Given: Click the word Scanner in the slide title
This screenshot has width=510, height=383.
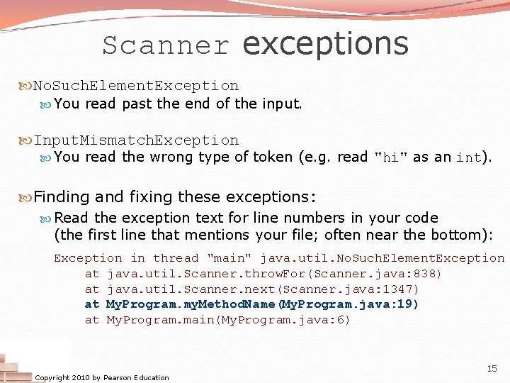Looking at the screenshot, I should coord(166,45).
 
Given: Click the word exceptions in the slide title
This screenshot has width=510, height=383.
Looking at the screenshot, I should coord(325,43).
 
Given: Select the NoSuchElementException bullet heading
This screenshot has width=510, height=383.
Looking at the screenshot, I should coord(136,86).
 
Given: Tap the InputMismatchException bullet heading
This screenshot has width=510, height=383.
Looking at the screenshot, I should coord(136,140).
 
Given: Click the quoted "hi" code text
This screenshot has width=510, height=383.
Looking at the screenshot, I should coord(390,157).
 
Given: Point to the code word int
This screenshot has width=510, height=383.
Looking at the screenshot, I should coord(468,157).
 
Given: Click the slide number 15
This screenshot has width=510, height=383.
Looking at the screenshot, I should coord(492,369).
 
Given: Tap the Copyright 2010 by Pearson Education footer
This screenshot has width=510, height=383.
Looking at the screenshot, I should coord(102,377).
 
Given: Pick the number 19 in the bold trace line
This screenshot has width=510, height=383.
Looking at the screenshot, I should coord(406,304).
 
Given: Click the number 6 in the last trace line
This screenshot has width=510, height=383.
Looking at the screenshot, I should coord(341,320).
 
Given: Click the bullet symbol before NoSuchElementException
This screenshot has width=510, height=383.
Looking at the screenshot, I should coord(27,86).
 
